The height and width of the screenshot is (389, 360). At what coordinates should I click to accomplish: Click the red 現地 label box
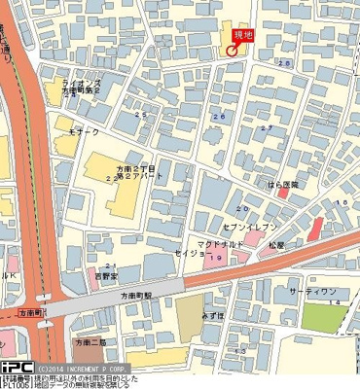pyautogui.click(x=239, y=34)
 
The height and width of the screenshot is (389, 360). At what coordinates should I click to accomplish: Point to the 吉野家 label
pyautogui.click(x=104, y=275)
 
